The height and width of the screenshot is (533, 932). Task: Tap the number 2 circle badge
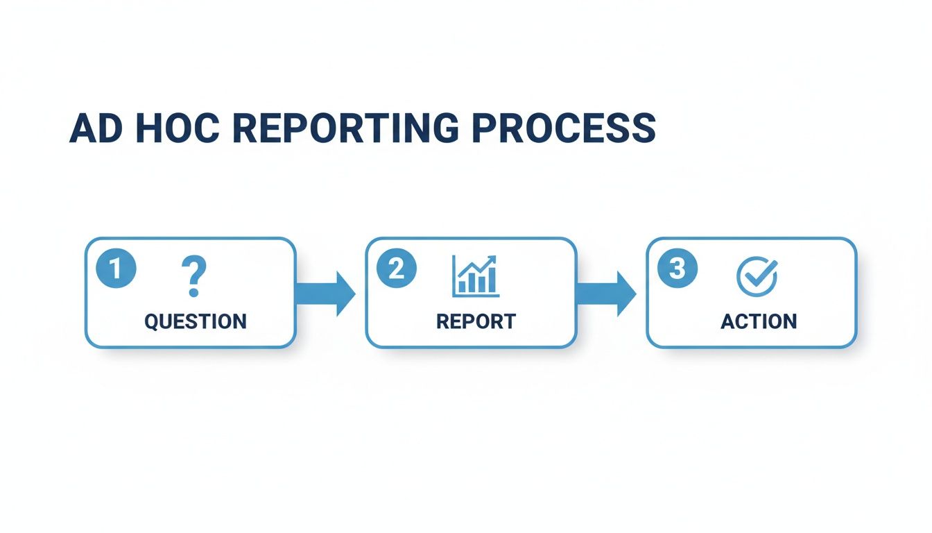pos(397,269)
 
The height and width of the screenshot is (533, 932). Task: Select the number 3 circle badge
pos(678,269)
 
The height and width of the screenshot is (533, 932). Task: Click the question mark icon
pos(194,276)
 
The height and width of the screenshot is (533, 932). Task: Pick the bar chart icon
pos(475,276)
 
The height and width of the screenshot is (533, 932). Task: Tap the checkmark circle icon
pos(757,276)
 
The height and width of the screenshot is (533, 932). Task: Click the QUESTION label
pos(195,321)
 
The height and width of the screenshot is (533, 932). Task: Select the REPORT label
pos(476,321)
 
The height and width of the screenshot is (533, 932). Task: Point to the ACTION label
pos(759,321)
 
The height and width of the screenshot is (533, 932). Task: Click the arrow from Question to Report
pos(325,294)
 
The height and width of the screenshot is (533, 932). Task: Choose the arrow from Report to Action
pos(605,294)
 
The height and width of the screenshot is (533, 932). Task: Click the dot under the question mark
pos(193,294)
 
